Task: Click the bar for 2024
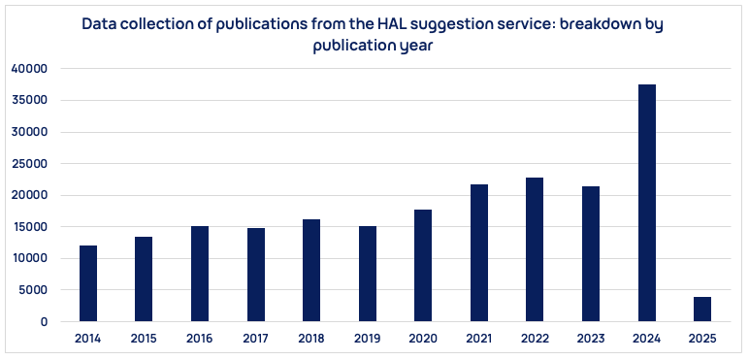(x=647, y=203)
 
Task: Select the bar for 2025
(x=702, y=309)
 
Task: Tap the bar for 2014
(x=88, y=283)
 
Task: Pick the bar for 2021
(x=479, y=252)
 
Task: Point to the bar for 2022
(x=535, y=249)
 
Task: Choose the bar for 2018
(x=311, y=270)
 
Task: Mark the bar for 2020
(x=423, y=265)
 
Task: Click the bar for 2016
(x=200, y=274)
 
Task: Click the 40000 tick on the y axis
(x=29, y=69)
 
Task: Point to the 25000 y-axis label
(x=29, y=164)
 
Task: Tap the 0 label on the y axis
(x=43, y=322)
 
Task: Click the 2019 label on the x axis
(x=368, y=339)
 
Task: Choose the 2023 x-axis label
(x=591, y=339)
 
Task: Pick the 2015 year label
(x=144, y=339)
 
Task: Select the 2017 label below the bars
(x=255, y=339)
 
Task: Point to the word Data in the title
(x=99, y=23)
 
